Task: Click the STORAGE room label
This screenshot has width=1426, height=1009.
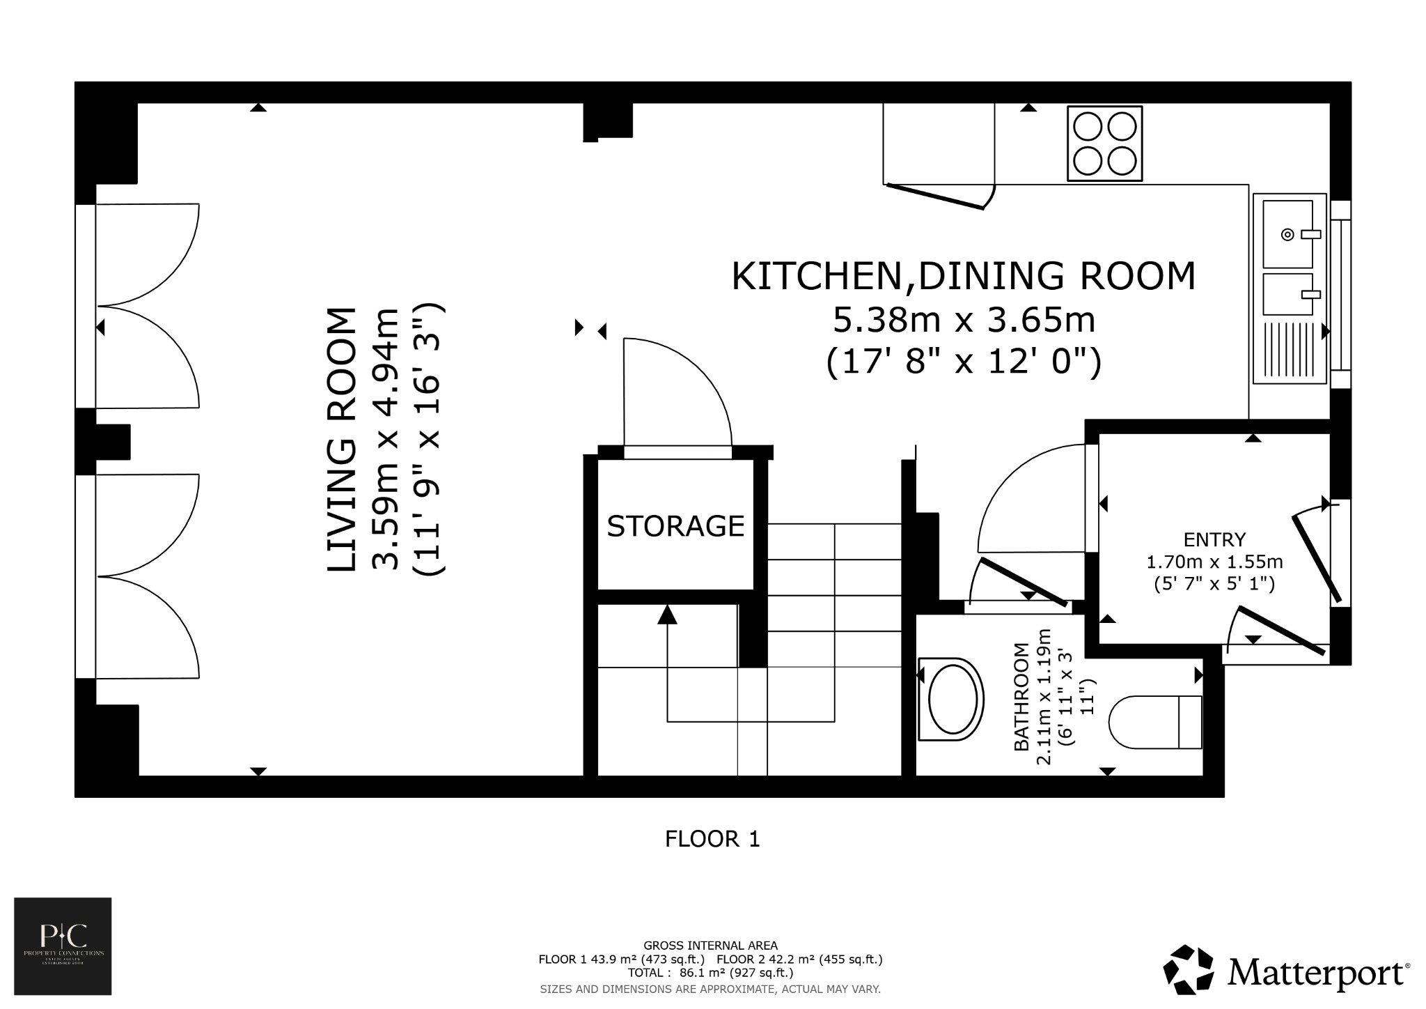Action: click(x=675, y=526)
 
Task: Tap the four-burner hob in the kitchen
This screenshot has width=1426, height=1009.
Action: click(x=1104, y=144)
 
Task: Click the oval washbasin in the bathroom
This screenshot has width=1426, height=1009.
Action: click(x=951, y=699)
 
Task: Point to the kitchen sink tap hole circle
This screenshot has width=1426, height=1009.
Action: click(x=1287, y=235)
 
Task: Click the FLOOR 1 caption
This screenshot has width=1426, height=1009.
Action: click(x=712, y=839)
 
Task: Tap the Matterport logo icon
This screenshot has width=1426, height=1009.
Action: click(x=1189, y=969)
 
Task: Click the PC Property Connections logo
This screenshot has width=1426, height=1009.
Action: click(x=63, y=946)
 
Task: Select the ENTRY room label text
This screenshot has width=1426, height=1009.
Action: click(x=1214, y=540)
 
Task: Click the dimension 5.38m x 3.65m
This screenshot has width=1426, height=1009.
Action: click(x=964, y=321)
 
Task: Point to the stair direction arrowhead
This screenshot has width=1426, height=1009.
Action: click(x=667, y=615)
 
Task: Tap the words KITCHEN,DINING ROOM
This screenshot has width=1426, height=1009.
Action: click(x=963, y=276)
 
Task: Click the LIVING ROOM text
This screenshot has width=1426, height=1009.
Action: click(x=342, y=440)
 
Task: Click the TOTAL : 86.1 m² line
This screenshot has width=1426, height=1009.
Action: click(x=710, y=973)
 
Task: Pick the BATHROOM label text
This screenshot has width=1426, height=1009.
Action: click(x=1021, y=697)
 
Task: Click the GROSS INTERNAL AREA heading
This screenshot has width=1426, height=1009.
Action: click(x=710, y=946)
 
